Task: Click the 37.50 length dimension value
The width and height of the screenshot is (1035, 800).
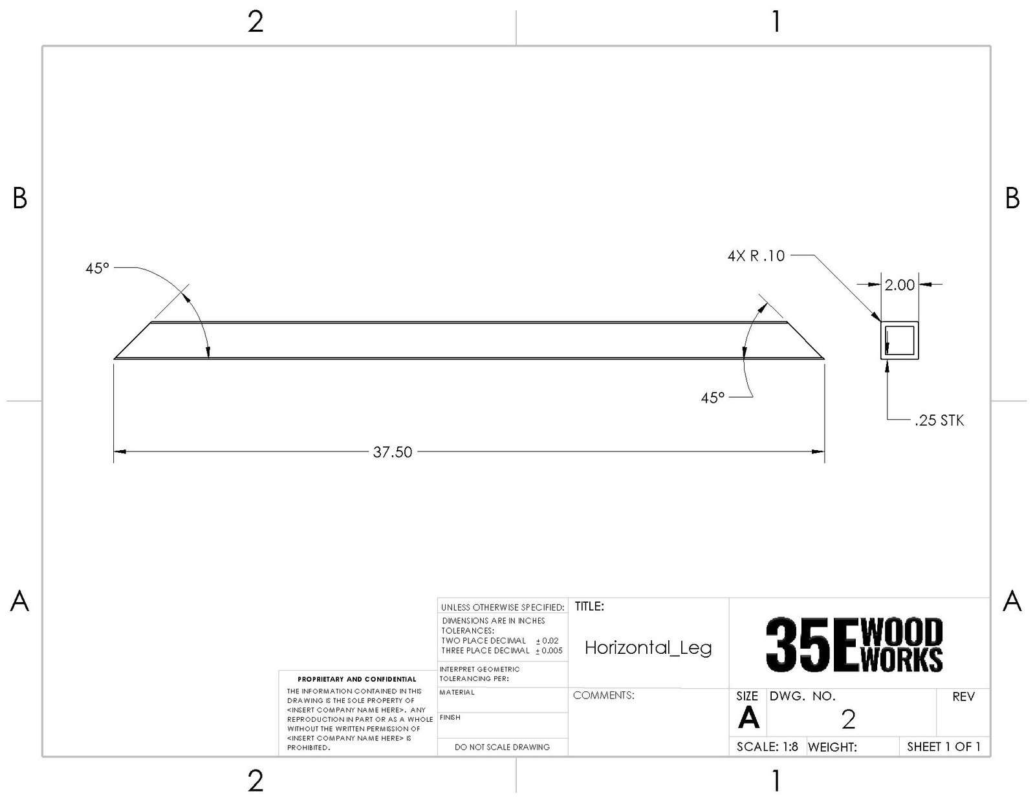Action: click(392, 452)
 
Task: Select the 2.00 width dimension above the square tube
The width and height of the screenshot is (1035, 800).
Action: click(899, 285)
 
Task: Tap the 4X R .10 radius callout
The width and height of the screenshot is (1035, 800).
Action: click(756, 255)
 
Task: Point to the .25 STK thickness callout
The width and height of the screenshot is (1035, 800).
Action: click(939, 420)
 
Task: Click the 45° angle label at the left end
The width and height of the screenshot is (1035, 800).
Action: click(97, 268)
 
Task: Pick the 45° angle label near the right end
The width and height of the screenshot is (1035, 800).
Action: click(713, 398)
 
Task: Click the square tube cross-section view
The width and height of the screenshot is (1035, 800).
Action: click(899, 340)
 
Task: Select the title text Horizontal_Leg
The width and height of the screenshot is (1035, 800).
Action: click(648, 647)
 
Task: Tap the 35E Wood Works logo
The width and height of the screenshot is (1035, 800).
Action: click(854, 645)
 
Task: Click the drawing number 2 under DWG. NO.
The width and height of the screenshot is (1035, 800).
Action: click(848, 719)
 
